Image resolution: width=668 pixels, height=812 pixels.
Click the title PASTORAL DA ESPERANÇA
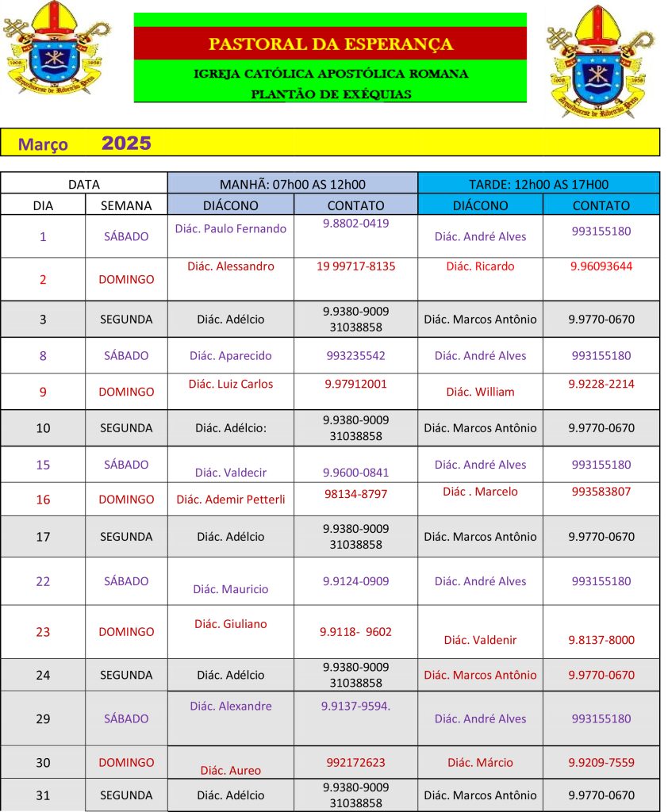330,44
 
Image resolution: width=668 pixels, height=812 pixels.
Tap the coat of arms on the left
56,48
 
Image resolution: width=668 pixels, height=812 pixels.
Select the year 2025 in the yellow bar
126,144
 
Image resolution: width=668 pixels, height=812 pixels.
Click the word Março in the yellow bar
43,145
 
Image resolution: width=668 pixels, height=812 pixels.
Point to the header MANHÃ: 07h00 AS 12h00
292,184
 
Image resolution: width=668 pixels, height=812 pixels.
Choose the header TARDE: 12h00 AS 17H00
538,184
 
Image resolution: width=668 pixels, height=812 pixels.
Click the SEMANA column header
126,205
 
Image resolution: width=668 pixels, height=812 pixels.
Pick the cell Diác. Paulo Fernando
230,228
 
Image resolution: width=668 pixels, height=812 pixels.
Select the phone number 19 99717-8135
355,266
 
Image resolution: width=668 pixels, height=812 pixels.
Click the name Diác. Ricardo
480,266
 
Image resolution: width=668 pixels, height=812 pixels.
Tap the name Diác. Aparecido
230,356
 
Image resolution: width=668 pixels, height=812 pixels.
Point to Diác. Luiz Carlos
230,384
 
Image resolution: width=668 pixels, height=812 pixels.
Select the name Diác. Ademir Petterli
230,500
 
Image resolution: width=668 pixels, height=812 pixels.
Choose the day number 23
43,632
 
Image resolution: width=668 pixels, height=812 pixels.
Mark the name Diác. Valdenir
480,640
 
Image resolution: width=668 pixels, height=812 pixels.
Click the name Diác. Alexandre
230,706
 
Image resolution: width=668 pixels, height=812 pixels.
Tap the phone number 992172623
355,763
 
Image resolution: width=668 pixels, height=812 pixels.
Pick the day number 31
43,795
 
